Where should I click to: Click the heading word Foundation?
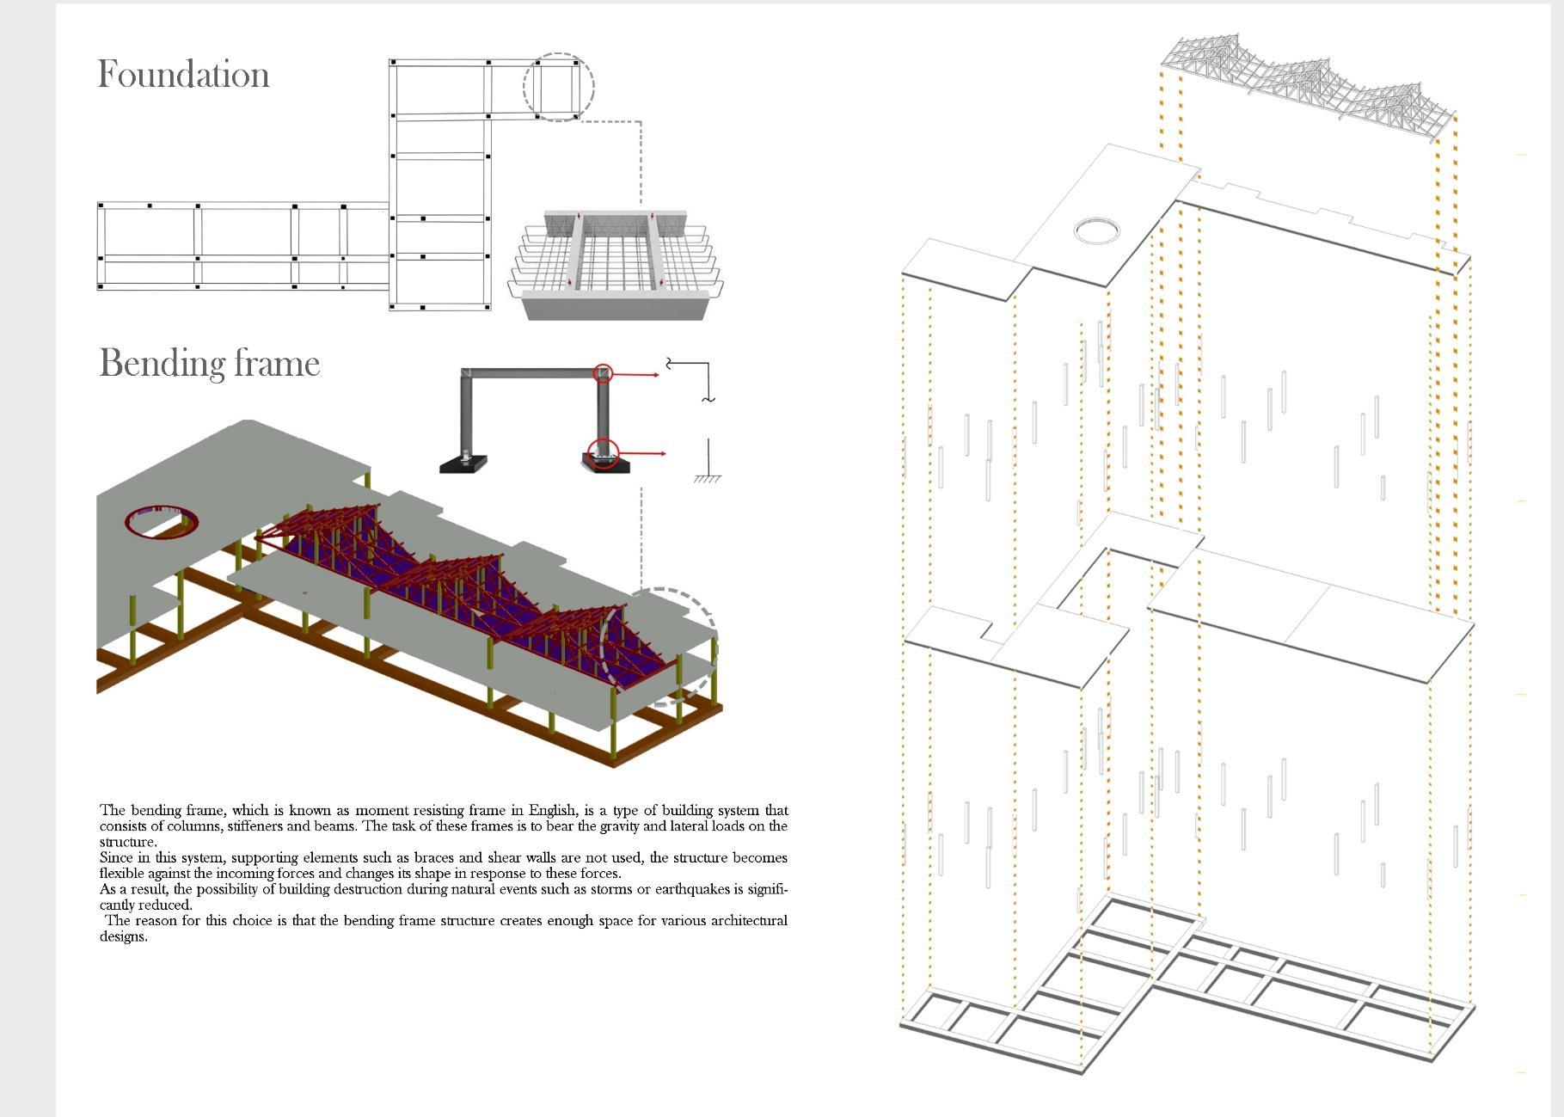click(x=183, y=75)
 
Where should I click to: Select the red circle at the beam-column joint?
click(x=604, y=373)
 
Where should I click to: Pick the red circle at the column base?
click(x=604, y=453)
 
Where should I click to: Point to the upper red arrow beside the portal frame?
click(x=636, y=375)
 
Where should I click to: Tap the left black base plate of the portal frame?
click(x=463, y=464)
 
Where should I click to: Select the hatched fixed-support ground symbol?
click(x=708, y=477)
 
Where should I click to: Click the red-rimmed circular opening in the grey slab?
click(x=162, y=522)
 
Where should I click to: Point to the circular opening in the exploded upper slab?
click(x=1097, y=230)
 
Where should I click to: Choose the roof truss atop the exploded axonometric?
click(x=1307, y=82)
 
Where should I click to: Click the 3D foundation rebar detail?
click(x=615, y=262)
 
